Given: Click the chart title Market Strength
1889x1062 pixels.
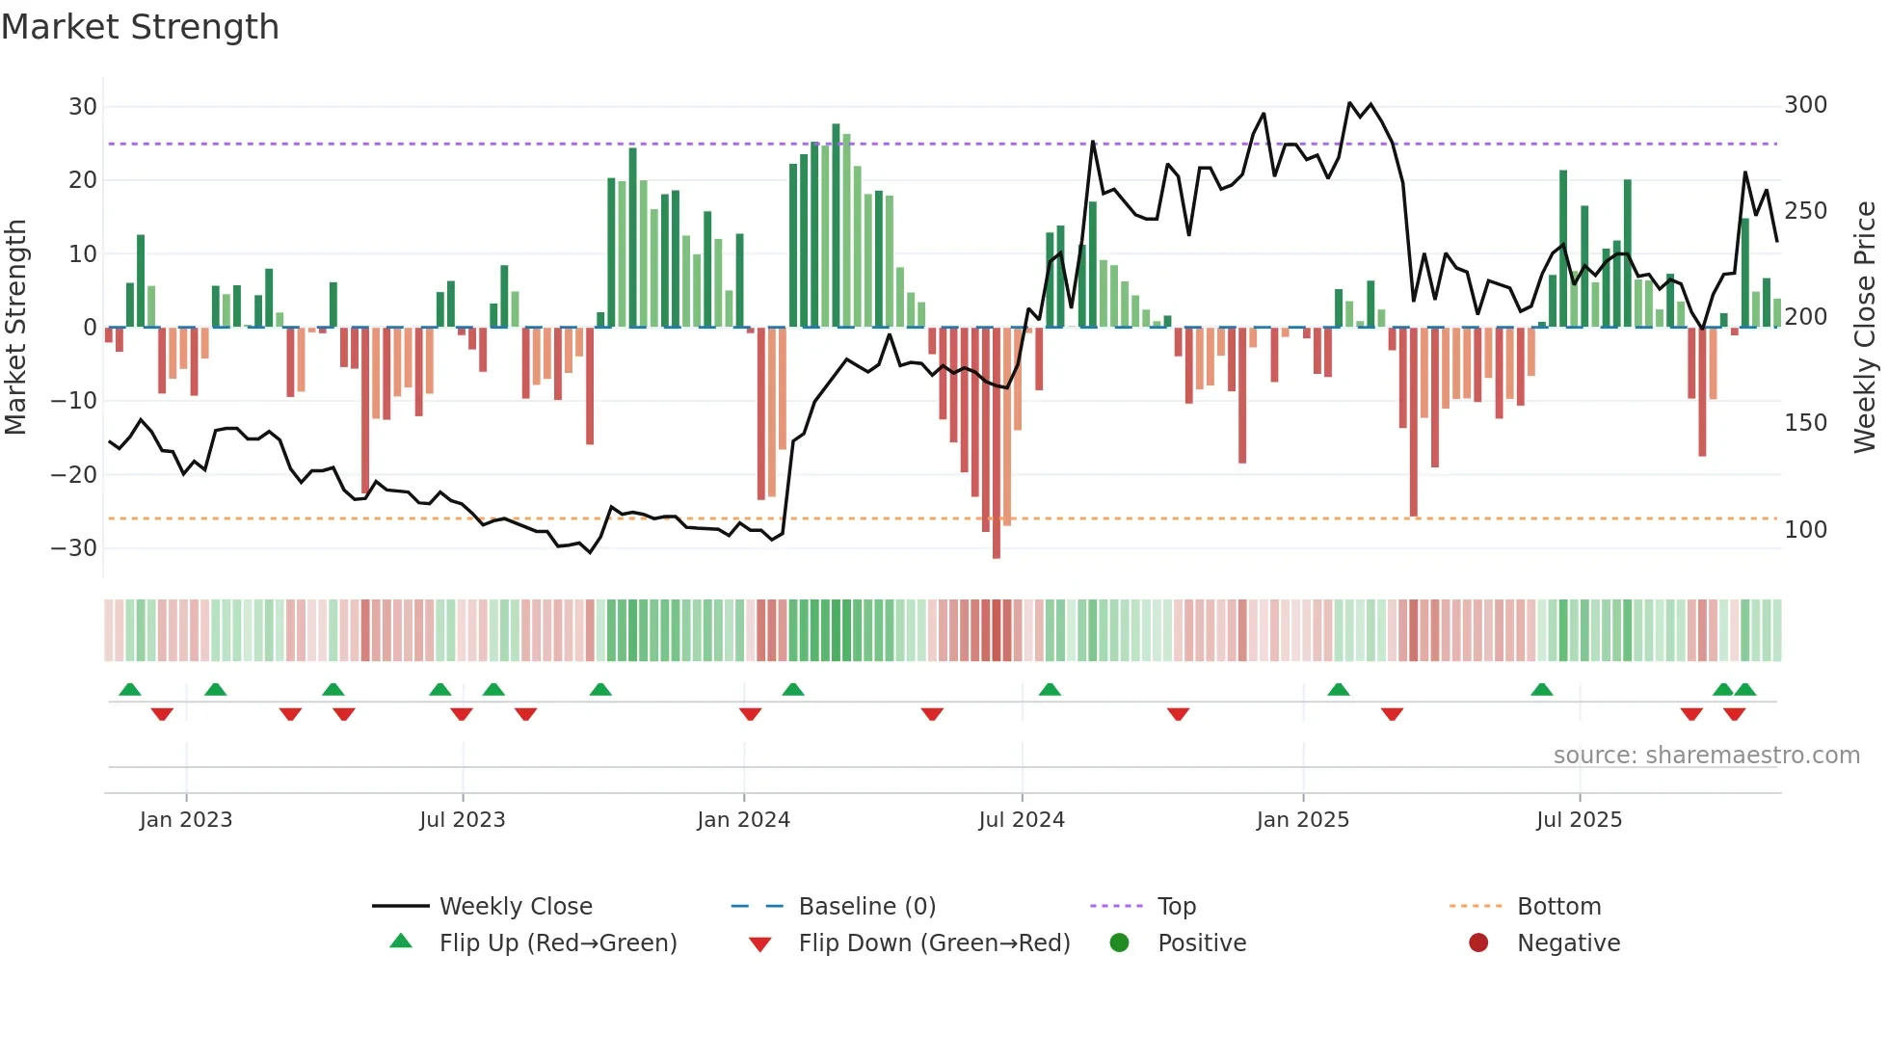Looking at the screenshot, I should point(140,27).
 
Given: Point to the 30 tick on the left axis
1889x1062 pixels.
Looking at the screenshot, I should point(83,107).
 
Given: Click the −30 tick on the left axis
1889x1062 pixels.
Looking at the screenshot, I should point(74,548).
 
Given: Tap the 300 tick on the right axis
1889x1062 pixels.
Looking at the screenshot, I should point(1805,105).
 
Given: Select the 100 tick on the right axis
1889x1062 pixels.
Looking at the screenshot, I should point(1805,530).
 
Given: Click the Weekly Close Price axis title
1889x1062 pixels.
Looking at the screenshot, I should point(1865,328).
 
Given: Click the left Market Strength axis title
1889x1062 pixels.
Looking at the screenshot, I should point(15,328).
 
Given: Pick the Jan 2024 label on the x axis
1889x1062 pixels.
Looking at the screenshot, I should point(743,820).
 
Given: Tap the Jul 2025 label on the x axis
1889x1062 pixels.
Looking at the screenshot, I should point(1579,820).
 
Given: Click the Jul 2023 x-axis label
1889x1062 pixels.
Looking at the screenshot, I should point(462,820).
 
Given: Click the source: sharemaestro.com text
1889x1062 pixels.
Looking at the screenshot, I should point(1706,756).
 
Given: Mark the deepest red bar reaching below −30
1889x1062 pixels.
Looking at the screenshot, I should point(997,443).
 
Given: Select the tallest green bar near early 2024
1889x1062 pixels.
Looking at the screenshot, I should point(836,226).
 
